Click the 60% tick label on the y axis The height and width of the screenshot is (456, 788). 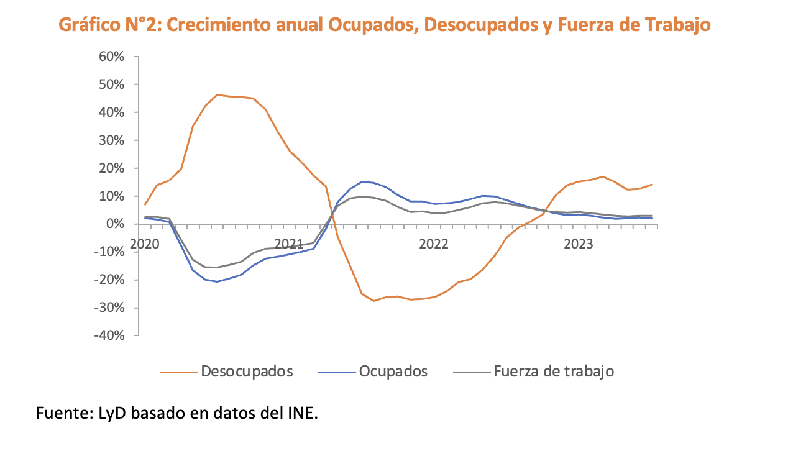pyautogui.click(x=112, y=57)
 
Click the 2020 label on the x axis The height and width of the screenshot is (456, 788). pyautogui.click(x=144, y=244)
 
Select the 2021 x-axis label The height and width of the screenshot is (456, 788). pyautogui.click(x=288, y=244)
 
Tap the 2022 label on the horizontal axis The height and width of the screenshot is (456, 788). pyautogui.click(x=433, y=244)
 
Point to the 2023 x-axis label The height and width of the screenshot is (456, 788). pyautogui.click(x=578, y=244)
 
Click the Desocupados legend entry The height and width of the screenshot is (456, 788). pyautogui.click(x=246, y=372)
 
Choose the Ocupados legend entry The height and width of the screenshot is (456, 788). pyautogui.click(x=393, y=372)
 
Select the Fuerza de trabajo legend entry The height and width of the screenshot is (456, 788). pyautogui.click(x=553, y=372)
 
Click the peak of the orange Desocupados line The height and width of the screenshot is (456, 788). pyautogui.click(x=218, y=94)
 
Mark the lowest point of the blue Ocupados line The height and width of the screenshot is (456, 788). pyautogui.click(x=217, y=281)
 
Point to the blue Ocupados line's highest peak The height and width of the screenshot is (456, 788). pyautogui.click(x=362, y=181)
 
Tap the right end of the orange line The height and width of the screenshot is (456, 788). pyautogui.click(x=651, y=185)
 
